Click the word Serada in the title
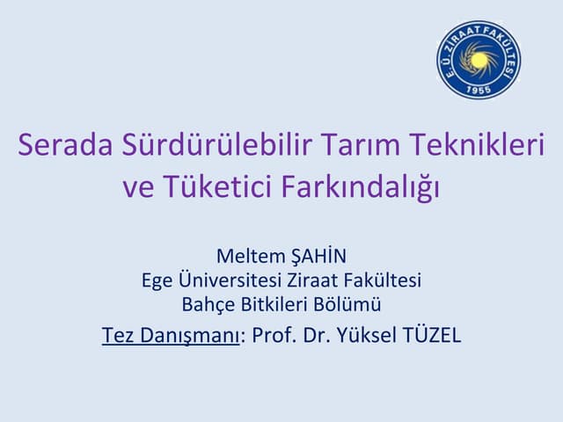(x=65, y=144)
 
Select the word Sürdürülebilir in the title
(x=216, y=143)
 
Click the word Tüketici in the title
(x=217, y=186)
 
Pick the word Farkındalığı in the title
(x=361, y=187)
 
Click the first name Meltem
(x=251, y=256)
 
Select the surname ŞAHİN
(x=318, y=256)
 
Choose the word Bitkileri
(x=275, y=304)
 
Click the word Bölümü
(x=347, y=304)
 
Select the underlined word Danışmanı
(x=189, y=335)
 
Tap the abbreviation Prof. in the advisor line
(x=274, y=335)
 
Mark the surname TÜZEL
(x=432, y=334)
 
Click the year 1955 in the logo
(x=479, y=90)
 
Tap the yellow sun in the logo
(x=479, y=60)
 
